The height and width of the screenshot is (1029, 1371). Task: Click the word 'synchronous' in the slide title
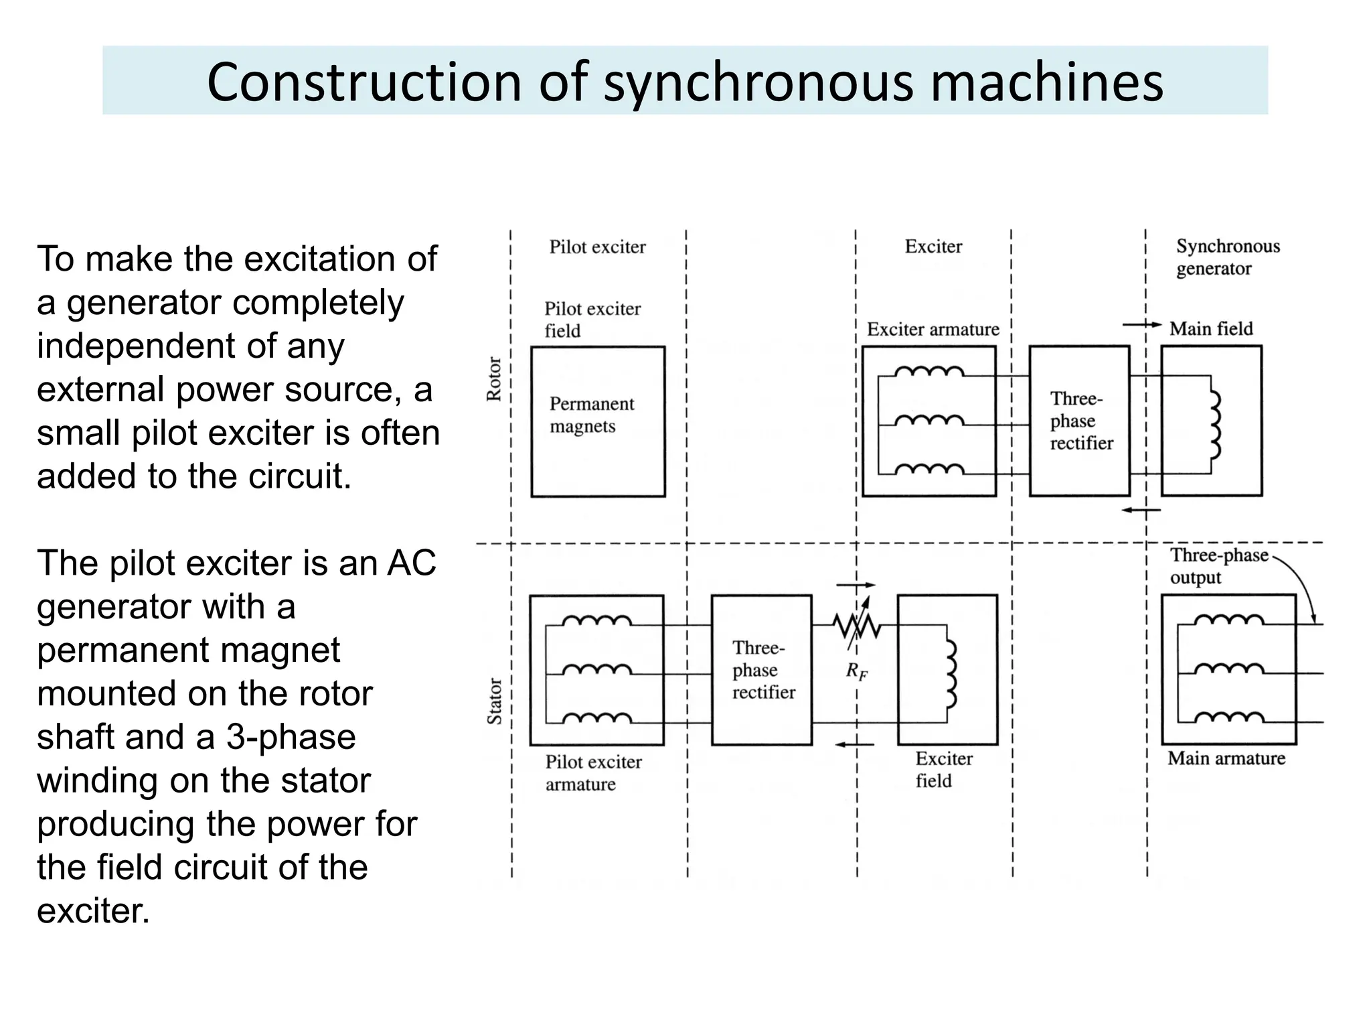pyautogui.click(x=758, y=83)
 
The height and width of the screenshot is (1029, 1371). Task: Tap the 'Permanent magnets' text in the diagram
pyautogui.click(x=591, y=415)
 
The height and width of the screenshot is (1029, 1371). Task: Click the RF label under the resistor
pyautogui.click(x=856, y=671)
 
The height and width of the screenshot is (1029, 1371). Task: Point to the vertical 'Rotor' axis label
pyautogui.click(x=494, y=379)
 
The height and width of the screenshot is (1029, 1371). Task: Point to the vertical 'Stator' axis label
pyautogui.click(x=494, y=701)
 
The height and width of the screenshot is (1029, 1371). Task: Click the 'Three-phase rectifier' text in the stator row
pyautogui.click(x=763, y=670)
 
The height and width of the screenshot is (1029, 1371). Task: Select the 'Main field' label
pyautogui.click(x=1210, y=329)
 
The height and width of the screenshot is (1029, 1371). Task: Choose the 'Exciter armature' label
pyautogui.click(x=933, y=330)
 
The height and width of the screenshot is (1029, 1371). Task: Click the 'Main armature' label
pyautogui.click(x=1226, y=758)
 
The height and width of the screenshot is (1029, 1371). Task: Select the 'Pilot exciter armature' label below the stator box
pyautogui.click(x=592, y=772)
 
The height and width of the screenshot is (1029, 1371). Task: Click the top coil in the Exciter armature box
pyautogui.click(x=929, y=372)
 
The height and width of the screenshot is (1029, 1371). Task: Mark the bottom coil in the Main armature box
pyautogui.click(x=1228, y=717)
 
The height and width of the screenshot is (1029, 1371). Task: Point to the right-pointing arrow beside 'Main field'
pyautogui.click(x=1141, y=325)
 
